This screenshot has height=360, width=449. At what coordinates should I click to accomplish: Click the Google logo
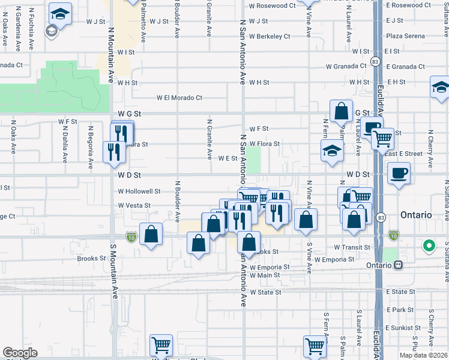pos(20,353)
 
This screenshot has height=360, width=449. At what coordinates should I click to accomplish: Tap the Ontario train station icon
pos(398,265)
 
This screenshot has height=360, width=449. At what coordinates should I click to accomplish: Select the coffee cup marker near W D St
pos(399,174)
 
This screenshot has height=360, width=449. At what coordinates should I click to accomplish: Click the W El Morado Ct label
pos(179,98)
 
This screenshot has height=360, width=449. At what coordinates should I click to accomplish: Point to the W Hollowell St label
pos(139,191)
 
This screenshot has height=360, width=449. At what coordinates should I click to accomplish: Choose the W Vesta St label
pos(134,205)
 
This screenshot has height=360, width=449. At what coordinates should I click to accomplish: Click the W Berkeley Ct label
pos(270,36)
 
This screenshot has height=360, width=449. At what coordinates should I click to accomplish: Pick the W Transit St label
pos(352,247)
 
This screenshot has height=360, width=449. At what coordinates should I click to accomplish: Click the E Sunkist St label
pos(404,328)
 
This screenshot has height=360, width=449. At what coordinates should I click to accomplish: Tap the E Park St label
pos(400,310)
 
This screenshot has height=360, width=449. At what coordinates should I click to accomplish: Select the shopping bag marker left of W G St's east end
pos(341,111)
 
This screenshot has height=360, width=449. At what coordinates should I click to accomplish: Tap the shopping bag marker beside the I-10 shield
pos(151,233)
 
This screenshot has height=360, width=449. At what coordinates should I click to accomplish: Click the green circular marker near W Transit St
pos(429,245)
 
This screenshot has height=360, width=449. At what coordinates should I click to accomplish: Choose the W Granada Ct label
pos(346,67)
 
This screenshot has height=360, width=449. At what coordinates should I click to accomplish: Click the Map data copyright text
pos(423,355)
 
